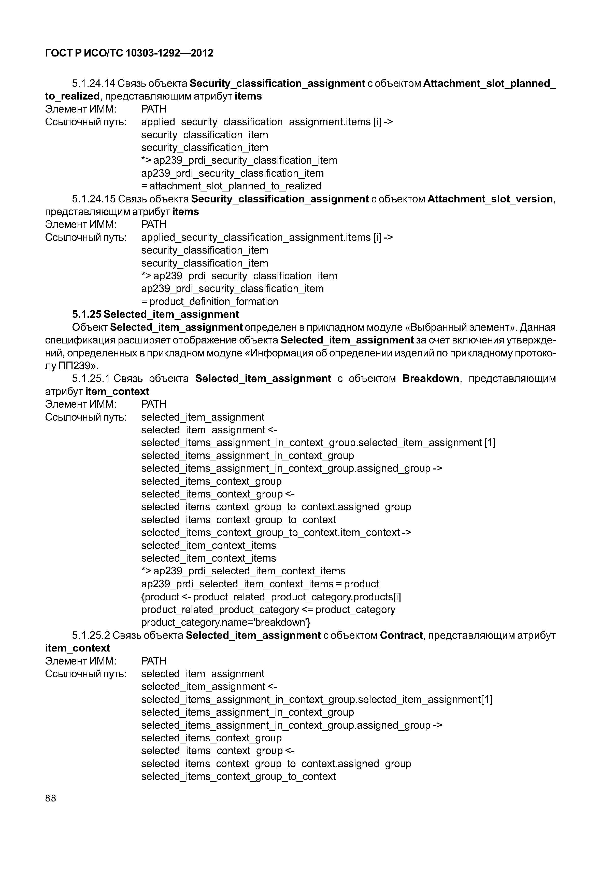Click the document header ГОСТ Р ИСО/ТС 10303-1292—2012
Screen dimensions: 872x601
click(129, 53)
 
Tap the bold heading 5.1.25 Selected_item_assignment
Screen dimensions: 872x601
click(155, 314)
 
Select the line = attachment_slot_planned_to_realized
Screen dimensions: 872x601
click(231, 186)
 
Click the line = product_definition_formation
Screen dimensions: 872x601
click(210, 301)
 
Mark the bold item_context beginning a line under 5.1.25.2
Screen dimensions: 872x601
click(77, 648)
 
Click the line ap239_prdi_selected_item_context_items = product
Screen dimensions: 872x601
click(260, 584)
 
